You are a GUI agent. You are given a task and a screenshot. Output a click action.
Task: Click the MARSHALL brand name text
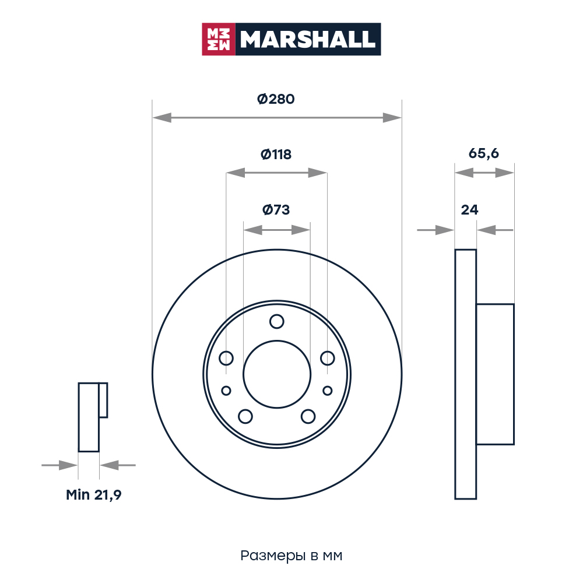tap(308, 39)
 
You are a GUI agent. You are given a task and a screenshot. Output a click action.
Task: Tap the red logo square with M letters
tap(219, 39)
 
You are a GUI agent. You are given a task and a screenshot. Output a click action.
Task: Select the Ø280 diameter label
tap(276, 99)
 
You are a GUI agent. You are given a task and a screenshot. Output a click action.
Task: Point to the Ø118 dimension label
tap(276, 154)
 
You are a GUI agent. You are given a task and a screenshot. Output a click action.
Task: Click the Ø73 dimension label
tap(276, 210)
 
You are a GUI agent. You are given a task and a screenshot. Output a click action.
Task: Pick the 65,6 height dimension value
tap(484, 153)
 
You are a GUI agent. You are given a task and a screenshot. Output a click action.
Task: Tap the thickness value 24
tap(469, 210)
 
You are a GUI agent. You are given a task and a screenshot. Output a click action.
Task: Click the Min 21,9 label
tap(94, 495)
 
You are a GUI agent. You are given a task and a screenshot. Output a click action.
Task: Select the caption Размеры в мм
tap(291, 556)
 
